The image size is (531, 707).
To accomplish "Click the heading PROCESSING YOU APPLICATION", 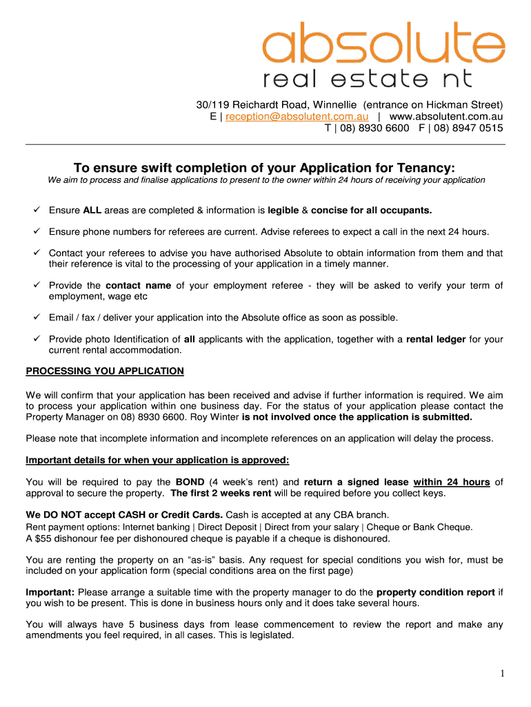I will (x=105, y=371).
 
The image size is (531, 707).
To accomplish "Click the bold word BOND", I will (x=190, y=482).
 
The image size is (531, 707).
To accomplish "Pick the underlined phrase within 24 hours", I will (x=452, y=482).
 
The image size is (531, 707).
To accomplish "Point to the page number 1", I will (x=503, y=674).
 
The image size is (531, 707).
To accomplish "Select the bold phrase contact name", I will (x=139, y=285).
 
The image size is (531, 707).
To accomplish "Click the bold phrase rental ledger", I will (x=436, y=339).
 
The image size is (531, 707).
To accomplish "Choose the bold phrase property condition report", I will (x=436, y=592).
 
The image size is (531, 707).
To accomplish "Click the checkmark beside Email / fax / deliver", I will (x=36, y=318).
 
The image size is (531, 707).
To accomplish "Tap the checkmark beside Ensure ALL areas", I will (x=36, y=210).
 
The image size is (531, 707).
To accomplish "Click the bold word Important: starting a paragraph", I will (x=50, y=592).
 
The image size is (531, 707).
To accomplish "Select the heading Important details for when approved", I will (x=157, y=461).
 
